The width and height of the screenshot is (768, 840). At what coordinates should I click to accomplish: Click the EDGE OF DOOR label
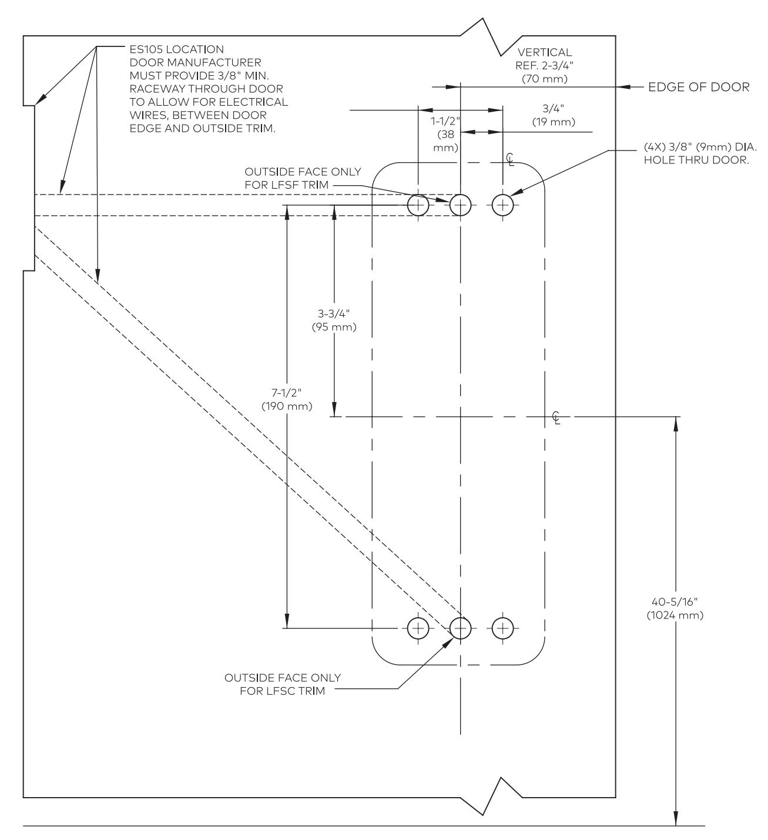[x=699, y=87]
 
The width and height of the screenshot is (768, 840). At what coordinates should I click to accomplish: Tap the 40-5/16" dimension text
[x=675, y=602]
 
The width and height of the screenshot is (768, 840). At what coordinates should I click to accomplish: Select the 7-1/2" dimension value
[x=286, y=393]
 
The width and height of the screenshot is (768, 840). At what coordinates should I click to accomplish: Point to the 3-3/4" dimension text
[x=333, y=313]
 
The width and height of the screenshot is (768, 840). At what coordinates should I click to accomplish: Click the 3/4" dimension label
[x=553, y=109]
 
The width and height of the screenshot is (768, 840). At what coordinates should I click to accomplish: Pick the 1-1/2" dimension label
[x=445, y=121]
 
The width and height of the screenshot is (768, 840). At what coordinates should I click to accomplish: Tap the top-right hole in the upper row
[x=502, y=205]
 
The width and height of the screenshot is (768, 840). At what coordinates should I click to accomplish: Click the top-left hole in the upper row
[x=418, y=205]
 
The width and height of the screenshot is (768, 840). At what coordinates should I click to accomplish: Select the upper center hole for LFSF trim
[x=460, y=205]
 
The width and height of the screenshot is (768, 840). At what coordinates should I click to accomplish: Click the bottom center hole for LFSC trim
[x=460, y=628]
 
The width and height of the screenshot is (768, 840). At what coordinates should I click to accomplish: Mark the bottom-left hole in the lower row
[x=418, y=628]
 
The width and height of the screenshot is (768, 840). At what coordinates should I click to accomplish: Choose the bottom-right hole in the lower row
[x=502, y=628]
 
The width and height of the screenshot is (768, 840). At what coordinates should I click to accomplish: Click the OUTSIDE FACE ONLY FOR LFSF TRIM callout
[x=303, y=178]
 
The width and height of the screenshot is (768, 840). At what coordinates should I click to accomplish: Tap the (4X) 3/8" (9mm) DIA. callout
[x=700, y=148]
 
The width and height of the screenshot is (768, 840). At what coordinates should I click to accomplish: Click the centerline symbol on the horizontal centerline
[x=556, y=418]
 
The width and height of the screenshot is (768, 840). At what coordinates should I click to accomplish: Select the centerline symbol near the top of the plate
[x=509, y=159]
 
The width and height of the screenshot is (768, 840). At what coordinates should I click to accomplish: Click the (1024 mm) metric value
[x=675, y=615]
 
